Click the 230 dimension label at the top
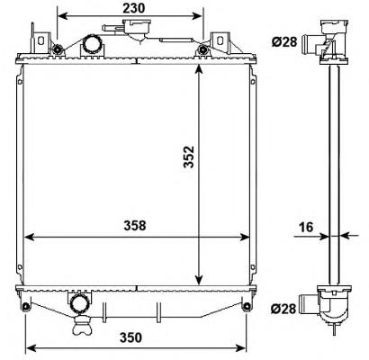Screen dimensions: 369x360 (x=134, y=8)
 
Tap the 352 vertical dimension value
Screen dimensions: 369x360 (x=190, y=157)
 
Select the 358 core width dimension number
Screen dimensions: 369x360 (x=135, y=226)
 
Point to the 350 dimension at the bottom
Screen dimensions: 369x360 (x=130, y=337)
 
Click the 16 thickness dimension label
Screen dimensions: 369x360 (x=306, y=227)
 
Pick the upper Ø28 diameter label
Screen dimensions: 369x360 (x=284, y=41)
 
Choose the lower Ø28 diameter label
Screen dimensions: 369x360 (x=283, y=309)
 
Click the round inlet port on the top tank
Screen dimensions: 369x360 (x=93, y=45)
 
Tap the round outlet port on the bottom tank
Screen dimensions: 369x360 (x=79, y=304)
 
